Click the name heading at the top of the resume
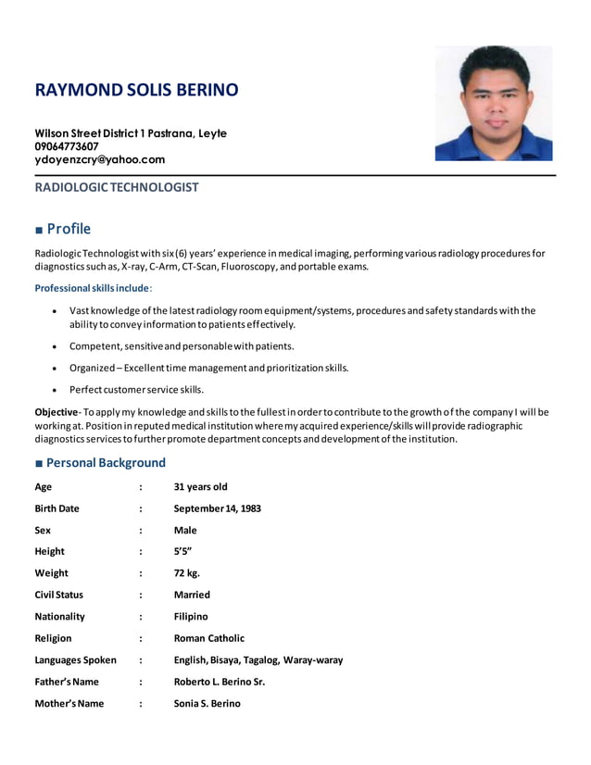136,90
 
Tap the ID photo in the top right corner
493,104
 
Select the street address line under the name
131,133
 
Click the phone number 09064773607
67,146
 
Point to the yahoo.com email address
100,159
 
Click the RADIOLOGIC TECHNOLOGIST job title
117,187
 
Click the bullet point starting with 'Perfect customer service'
136,389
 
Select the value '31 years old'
200,487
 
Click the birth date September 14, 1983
217,508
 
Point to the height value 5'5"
182,551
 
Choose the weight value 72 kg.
187,573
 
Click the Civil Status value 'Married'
192,595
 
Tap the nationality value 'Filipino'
191,616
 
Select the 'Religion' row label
53,638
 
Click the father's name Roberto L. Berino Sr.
220,682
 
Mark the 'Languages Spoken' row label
75,660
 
